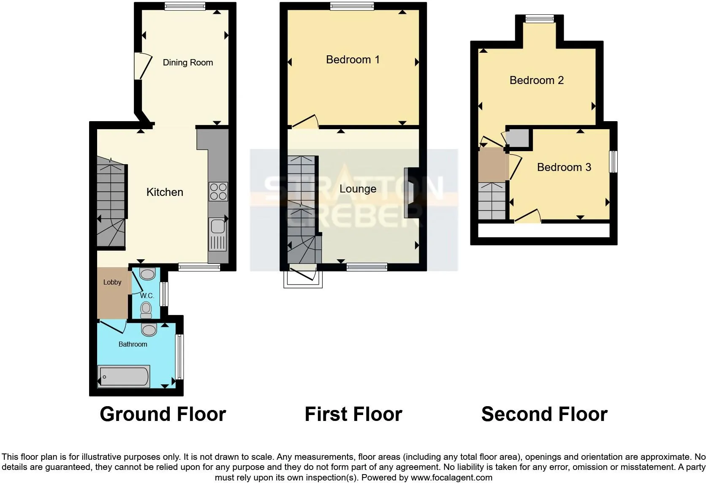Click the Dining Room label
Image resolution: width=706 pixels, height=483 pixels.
point(188,62)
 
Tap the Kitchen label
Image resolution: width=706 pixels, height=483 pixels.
point(165,192)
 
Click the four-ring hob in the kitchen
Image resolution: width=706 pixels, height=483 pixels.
point(218,191)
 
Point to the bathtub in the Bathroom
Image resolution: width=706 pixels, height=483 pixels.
point(124,376)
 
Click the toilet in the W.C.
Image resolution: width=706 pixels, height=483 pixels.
point(146,310)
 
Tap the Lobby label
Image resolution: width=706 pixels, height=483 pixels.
point(112,282)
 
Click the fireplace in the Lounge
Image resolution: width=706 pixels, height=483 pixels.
point(409,193)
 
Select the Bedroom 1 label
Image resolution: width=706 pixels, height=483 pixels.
point(353,60)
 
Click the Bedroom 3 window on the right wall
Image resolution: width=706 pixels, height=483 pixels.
point(614,162)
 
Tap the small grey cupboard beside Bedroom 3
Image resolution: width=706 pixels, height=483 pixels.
point(518,138)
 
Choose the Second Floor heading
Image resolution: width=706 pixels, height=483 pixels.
point(544,414)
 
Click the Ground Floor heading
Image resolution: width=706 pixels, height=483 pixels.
point(163,414)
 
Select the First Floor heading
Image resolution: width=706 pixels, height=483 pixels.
point(353,414)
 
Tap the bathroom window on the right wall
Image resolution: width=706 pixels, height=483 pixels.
point(180,357)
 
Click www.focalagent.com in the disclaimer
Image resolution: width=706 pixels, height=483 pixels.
point(451,478)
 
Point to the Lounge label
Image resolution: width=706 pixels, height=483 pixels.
point(358,189)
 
